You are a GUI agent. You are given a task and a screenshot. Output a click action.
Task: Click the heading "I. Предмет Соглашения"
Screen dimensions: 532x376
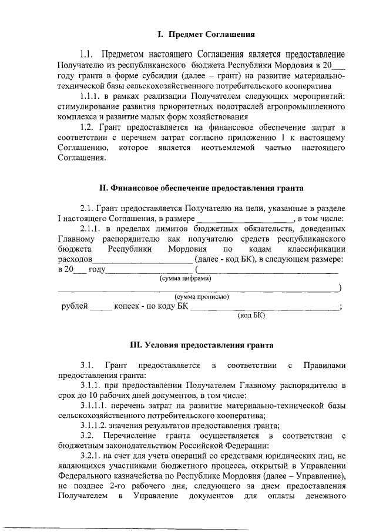tap(200, 35)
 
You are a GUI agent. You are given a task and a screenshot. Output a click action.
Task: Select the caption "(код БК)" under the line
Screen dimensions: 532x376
tap(251, 315)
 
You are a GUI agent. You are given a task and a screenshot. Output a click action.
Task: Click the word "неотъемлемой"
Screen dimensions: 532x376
tap(234, 148)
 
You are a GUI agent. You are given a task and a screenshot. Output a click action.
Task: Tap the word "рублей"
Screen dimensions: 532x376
tap(75, 306)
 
